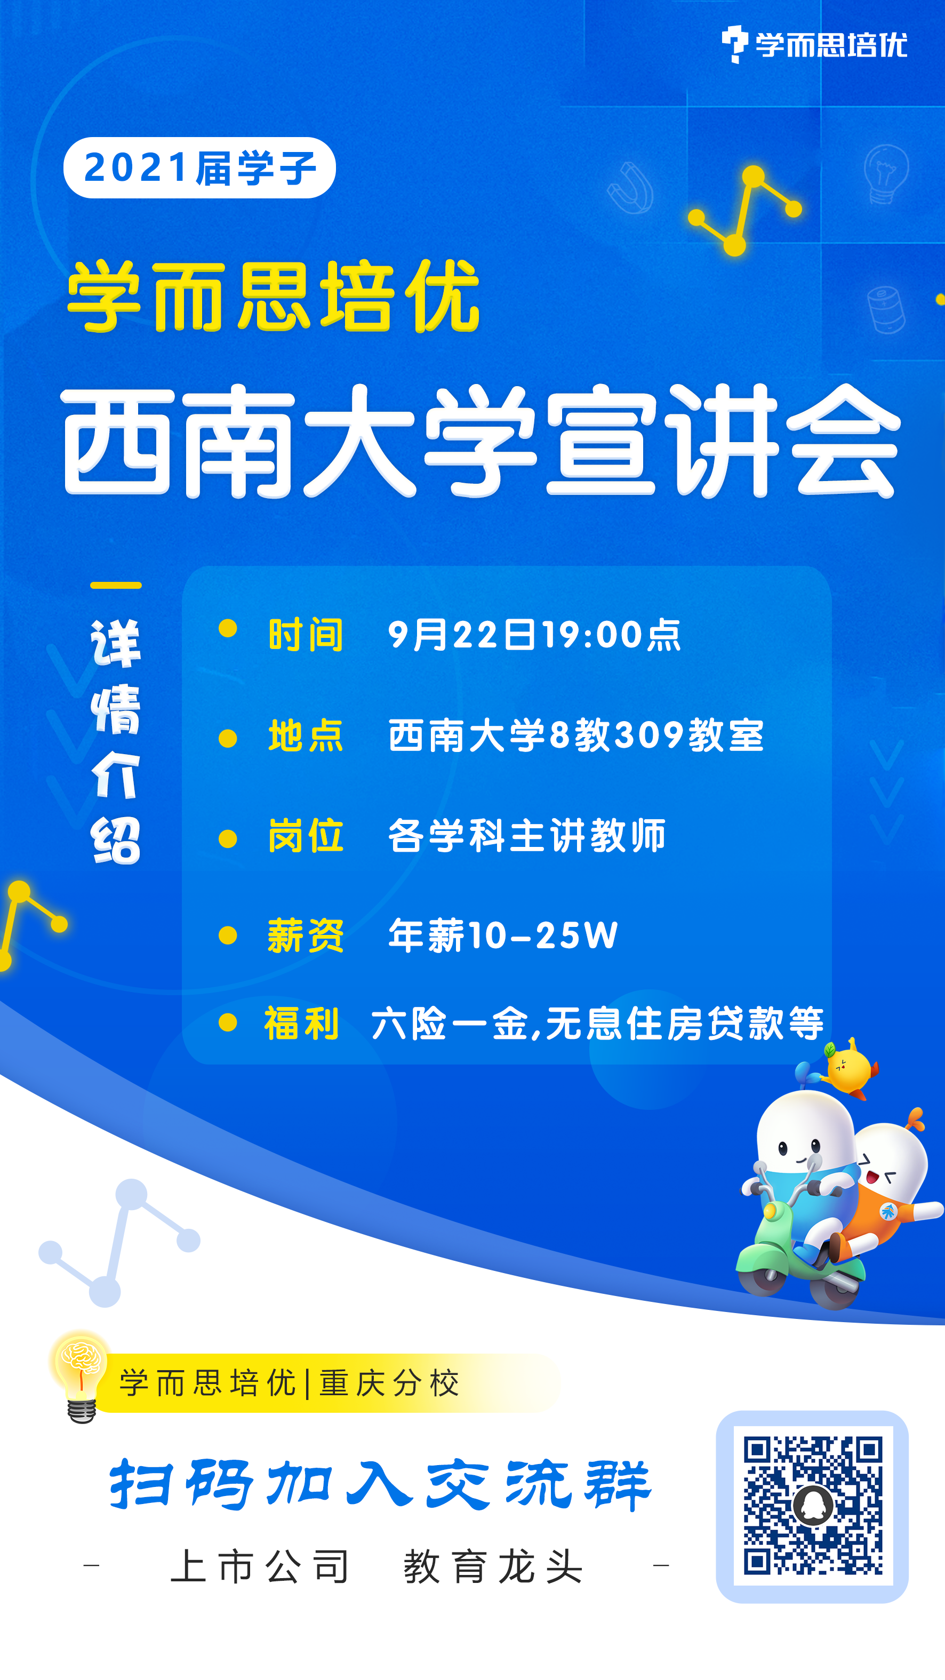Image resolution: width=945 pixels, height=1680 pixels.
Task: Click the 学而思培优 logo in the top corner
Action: click(814, 44)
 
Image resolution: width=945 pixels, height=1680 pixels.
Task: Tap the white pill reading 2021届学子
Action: click(199, 167)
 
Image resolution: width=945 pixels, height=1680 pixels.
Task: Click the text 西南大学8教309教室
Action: click(576, 735)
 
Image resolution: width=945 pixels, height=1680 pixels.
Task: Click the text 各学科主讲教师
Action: click(527, 835)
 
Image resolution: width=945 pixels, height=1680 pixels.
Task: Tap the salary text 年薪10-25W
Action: click(503, 935)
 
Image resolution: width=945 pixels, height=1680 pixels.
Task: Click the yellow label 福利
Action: click(301, 1023)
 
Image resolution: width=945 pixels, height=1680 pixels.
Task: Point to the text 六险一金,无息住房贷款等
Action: click(597, 1023)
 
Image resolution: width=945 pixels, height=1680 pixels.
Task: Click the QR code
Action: click(813, 1506)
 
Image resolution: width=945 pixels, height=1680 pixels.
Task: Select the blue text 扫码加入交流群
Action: click(380, 1484)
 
